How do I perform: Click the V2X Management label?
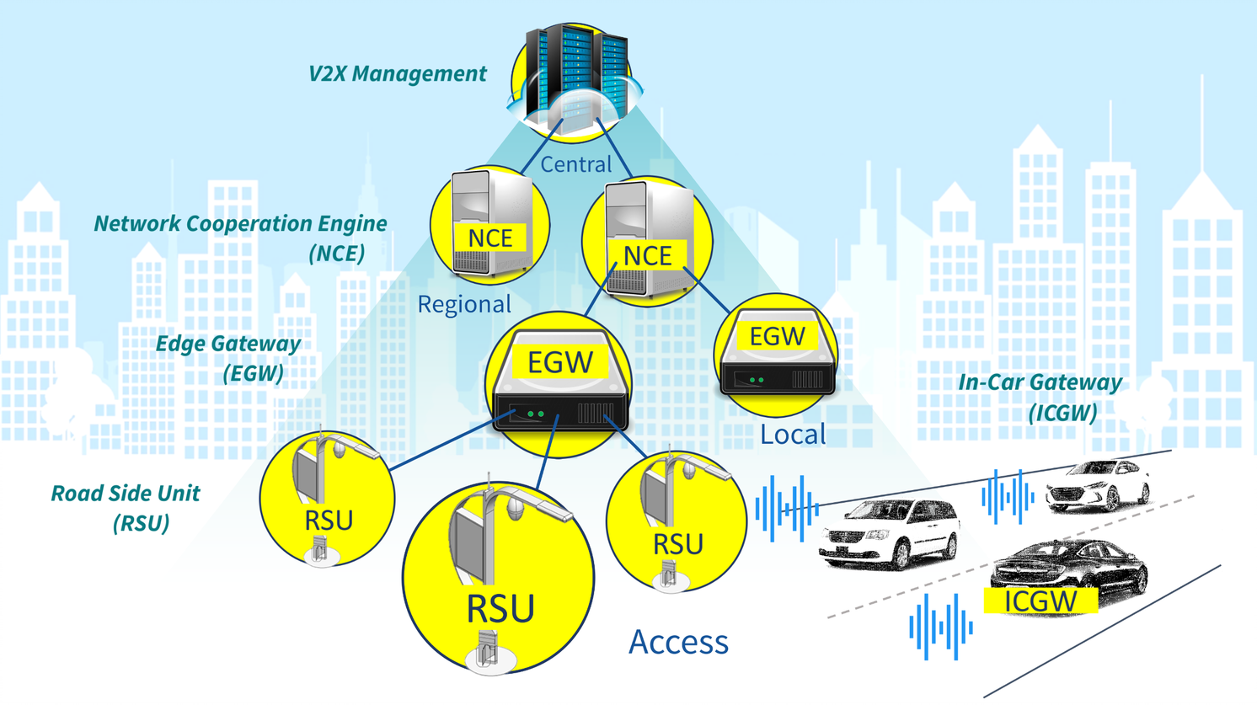click(397, 74)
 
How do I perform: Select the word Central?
click(576, 164)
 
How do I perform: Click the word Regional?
click(464, 304)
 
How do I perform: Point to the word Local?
click(793, 435)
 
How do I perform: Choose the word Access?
click(678, 642)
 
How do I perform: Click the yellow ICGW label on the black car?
click(1040, 601)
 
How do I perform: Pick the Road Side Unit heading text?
click(126, 494)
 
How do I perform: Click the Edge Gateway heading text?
click(228, 344)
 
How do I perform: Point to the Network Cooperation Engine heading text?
click(240, 224)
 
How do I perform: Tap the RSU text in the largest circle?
click(500, 609)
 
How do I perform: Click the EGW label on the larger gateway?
click(560, 363)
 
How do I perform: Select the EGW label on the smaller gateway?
click(777, 337)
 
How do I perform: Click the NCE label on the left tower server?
click(490, 238)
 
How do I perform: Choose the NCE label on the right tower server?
click(647, 256)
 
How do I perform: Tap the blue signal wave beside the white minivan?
click(787, 507)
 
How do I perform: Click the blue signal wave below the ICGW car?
click(941, 627)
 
